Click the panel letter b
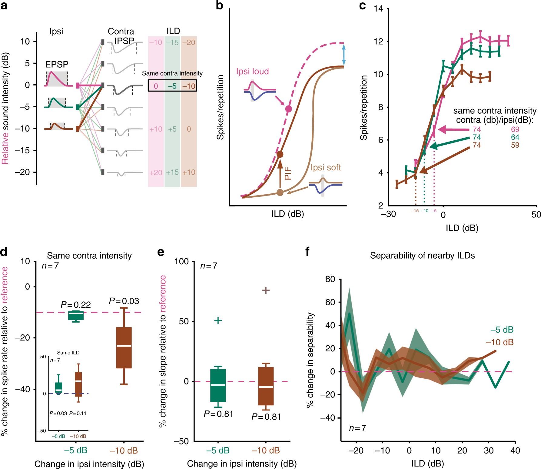point(219,6)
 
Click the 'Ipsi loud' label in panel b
point(252,72)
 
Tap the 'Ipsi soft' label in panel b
point(326,168)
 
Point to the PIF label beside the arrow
point(288,173)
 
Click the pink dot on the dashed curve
point(288,109)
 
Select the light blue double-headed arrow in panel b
point(344,55)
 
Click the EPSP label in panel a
point(57,64)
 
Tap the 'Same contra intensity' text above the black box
point(172,73)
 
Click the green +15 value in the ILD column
point(172,172)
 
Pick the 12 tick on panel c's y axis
point(378,42)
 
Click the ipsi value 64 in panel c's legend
point(515,137)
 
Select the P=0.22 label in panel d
point(76,305)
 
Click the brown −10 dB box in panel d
point(124,348)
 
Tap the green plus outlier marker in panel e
point(218,320)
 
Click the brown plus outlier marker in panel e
point(266,290)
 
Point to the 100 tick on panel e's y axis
point(181,262)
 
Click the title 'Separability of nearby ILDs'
point(422,256)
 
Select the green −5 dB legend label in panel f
point(502,330)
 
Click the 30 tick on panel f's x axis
point(489,451)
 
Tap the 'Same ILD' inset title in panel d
point(68,353)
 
